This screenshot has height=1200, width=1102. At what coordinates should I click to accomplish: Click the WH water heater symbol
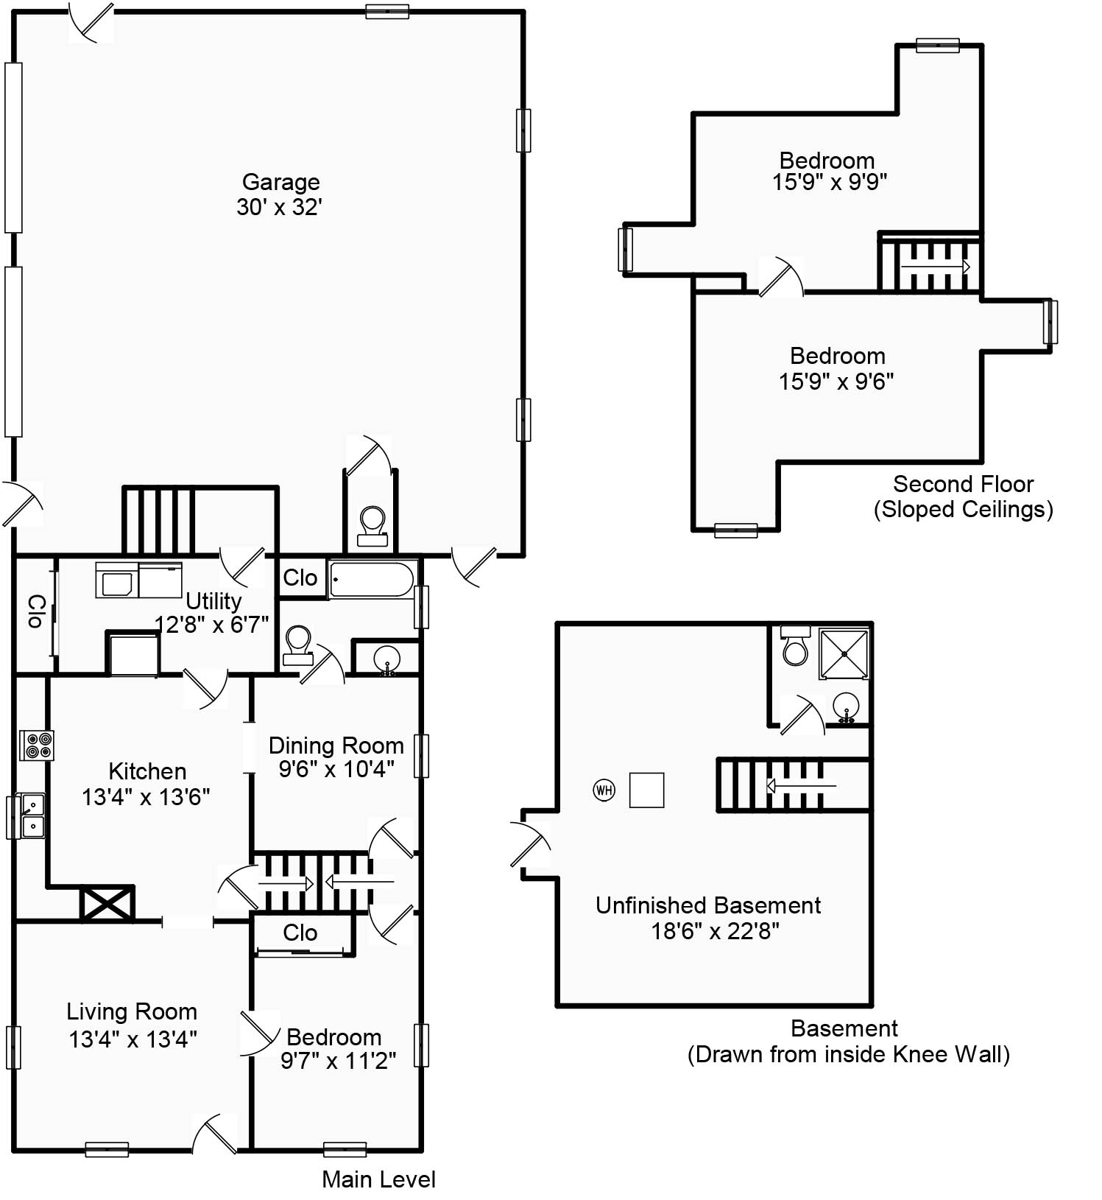click(604, 790)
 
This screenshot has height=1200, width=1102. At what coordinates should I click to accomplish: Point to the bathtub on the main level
click(372, 580)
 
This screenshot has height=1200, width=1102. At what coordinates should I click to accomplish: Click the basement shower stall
click(844, 653)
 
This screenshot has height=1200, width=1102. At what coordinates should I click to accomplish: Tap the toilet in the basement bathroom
click(795, 646)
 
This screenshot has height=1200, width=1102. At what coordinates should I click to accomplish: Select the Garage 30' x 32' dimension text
click(280, 207)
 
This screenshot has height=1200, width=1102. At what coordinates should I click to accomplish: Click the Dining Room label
click(336, 745)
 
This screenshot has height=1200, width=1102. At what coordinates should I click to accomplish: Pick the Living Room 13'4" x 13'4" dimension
click(133, 1039)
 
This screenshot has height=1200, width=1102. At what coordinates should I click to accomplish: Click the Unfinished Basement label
click(707, 905)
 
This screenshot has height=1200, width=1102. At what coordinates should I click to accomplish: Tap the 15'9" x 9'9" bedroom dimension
click(829, 182)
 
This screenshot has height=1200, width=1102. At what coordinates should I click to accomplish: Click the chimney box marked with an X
click(107, 903)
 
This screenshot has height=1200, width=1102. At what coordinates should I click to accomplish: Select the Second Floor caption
click(963, 484)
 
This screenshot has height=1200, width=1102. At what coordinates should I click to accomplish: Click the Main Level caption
click(378, 1179)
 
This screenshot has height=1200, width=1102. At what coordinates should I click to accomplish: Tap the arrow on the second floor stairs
click(936, 266)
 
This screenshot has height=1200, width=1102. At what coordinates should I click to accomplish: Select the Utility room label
click(213, 601)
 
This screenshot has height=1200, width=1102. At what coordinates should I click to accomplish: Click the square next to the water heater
click(646, 790)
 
